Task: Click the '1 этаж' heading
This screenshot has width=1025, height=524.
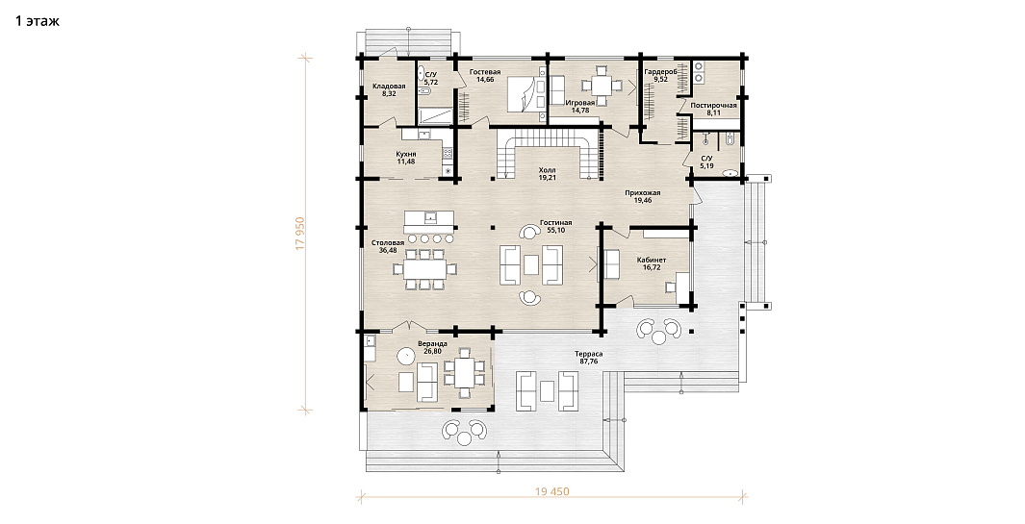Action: [x=38, y=21]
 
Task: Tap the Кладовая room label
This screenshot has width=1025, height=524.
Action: [x=389, y=87]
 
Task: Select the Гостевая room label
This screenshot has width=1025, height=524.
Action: [x=485, y=72]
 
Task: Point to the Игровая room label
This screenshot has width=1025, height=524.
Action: [x=579, y=103]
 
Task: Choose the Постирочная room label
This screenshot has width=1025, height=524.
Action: [x=714, y=105]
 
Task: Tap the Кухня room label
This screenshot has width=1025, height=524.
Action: [x=406, y=154]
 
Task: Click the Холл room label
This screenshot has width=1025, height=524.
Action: [x=547, y=169]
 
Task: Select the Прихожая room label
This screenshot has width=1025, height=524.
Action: [x=643, y=192]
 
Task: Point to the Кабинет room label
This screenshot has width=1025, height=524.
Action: [x=652, y=260]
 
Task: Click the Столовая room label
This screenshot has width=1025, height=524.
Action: [x=392, y=242]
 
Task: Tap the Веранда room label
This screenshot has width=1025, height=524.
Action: [x=432, y=343]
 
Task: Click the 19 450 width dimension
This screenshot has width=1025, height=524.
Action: [x=552, y=491]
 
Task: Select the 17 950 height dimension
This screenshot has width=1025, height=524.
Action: [x=300, y=234]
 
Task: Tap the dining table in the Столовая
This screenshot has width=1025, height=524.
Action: [x=424, y=269]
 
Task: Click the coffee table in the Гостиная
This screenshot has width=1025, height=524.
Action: [x=531, y=264]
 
